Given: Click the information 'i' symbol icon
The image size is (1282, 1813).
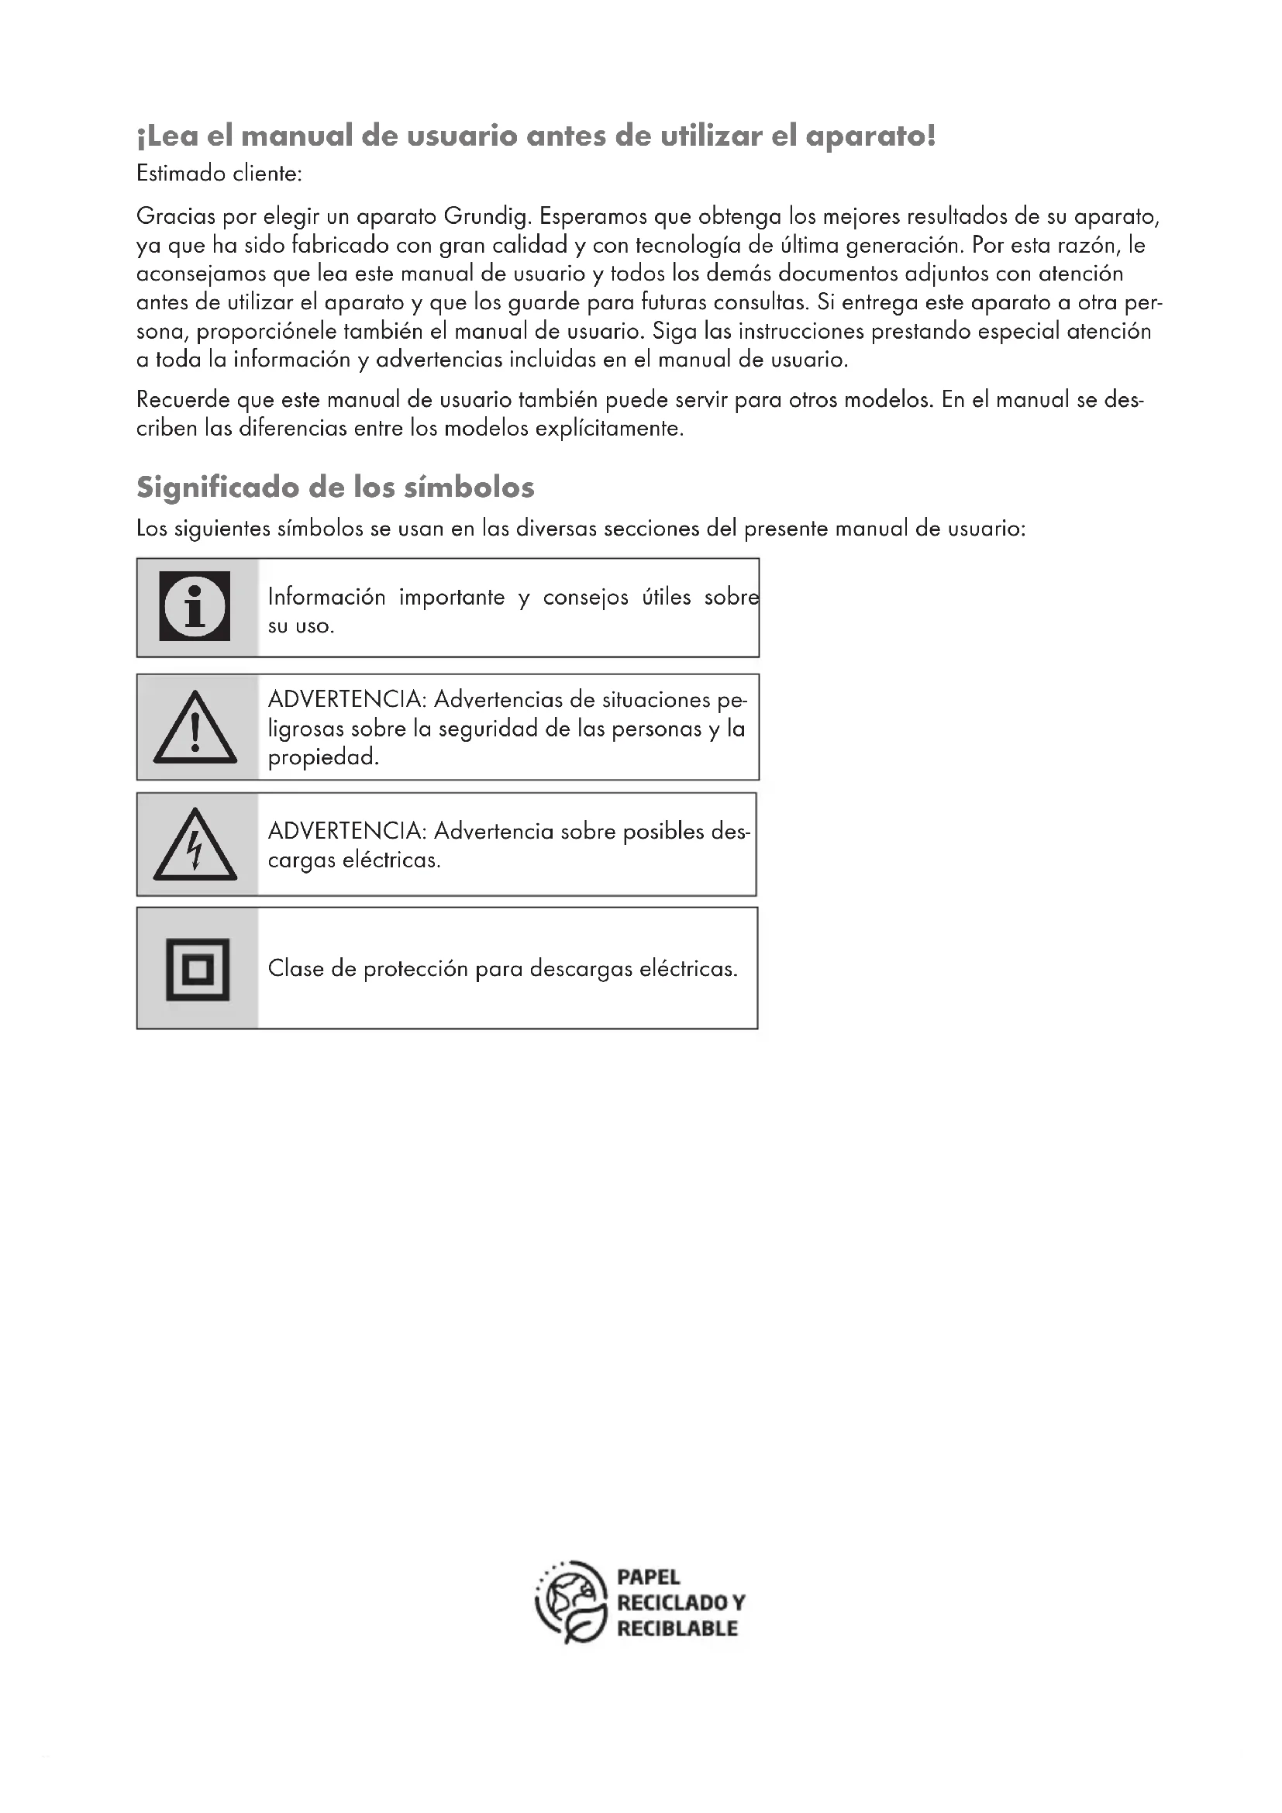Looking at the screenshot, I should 195,606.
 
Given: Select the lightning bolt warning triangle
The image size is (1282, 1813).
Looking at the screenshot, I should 195,846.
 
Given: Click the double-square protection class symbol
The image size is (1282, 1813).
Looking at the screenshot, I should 198,969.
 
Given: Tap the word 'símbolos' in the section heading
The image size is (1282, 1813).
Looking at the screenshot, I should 469,488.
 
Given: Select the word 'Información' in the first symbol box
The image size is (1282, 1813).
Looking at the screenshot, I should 327,597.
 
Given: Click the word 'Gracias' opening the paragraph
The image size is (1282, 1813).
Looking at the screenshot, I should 175,216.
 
